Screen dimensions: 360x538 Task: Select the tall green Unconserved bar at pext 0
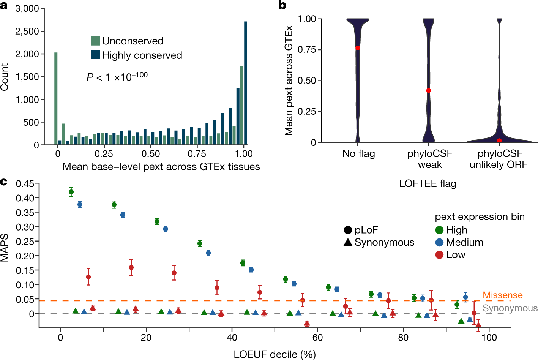56,98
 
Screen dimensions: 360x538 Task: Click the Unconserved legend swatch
95,41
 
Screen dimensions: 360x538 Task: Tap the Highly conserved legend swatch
95,54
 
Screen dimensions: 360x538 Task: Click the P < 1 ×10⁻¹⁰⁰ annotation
117,77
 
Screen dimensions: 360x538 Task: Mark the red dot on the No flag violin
358,48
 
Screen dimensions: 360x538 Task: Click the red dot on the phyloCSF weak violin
429,90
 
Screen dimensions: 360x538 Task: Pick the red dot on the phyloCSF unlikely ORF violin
499,141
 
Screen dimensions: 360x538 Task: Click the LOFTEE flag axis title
428,184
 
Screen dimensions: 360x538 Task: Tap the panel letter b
282,5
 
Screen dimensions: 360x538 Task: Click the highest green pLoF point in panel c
71,192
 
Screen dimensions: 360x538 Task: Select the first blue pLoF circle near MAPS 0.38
80,205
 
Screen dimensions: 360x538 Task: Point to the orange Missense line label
502,295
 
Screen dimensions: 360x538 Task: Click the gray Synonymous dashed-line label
510,308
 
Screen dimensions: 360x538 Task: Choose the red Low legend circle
439,255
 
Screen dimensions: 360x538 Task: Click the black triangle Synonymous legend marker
348,242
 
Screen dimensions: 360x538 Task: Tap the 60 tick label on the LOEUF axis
317,338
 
